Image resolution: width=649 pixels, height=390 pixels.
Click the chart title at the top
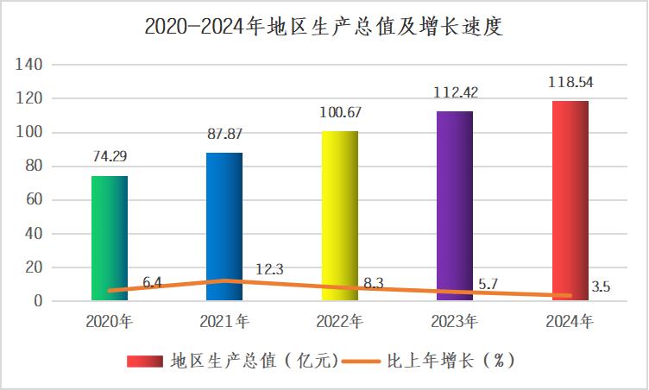pyautogui.click(x=324, y=28)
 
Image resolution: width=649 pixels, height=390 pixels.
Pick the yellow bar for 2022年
pyautogui.click(x=339, y=216)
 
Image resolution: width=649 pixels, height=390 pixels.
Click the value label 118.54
pyautogui.click(x=570, y=84)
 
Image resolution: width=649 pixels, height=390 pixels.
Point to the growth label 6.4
pyautogui.click(x=153, y=282)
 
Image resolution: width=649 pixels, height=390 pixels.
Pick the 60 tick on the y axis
pyautogui.click(x=33, y=200)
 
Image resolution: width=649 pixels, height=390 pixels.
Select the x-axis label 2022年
pyautogui.click(x=339, y=323)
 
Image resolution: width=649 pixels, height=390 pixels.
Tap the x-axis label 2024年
pyautogui.click(x=570, y=323)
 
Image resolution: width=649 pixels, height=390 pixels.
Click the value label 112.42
pyautogui.click(x=454, y=93)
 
